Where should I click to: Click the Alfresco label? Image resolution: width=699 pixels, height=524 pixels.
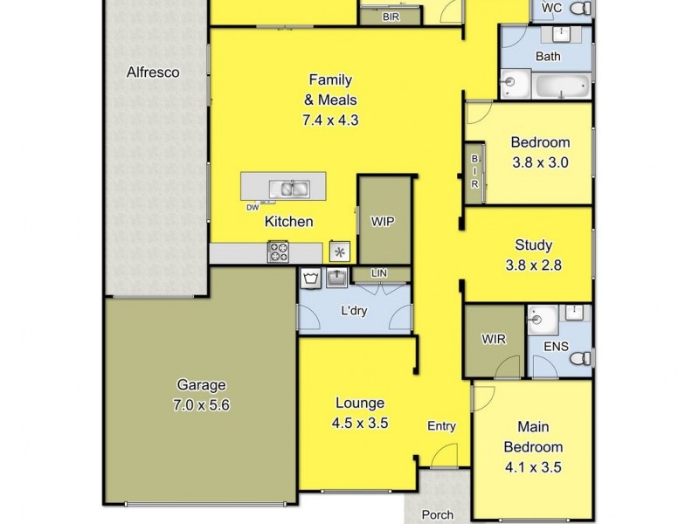[x=153, y=72]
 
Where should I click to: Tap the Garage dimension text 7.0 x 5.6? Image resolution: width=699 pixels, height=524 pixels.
[x=202, y=405]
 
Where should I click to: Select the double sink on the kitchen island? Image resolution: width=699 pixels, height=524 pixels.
[x=287, y=187]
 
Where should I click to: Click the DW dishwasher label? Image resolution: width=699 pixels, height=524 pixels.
[x=252, y=207]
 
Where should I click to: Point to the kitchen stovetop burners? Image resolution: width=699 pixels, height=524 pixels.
[x=278, y=252]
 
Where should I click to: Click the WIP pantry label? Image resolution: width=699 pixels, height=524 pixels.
[x=383, y=221]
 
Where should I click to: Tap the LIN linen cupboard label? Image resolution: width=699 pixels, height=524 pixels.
[x=378, y=274]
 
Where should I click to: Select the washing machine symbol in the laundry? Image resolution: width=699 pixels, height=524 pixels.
[x=311, y=279]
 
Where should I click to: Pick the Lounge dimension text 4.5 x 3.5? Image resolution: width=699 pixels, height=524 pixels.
[x=359, y=424]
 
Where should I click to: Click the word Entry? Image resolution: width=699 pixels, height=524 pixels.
[x=441, y=426]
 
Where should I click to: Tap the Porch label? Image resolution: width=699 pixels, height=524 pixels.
[x=438, y=515]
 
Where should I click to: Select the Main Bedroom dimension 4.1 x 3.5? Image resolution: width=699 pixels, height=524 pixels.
[x=532, y=467]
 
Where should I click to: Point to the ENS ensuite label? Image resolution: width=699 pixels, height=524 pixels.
[x=556, y=347]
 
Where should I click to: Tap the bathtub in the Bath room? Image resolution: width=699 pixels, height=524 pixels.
[x=563, y=86]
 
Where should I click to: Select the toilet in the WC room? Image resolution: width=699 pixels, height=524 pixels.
[x=580, y=9]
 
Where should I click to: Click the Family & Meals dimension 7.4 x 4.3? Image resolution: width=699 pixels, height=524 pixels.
[x=330, y=121]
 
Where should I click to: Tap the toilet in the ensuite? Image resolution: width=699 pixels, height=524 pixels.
[x=584, y=357]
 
